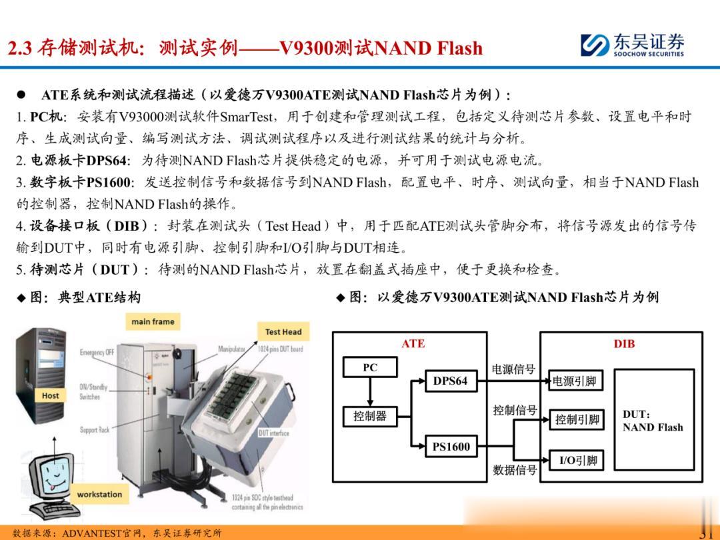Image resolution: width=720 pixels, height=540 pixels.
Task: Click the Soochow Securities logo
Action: click(x=633, y=45)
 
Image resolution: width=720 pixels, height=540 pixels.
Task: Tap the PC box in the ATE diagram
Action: click(x=370, y=367)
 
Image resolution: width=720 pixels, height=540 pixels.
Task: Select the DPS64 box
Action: click(x=450, y=381)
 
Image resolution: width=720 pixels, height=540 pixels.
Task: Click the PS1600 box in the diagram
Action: click(x=451, y=447)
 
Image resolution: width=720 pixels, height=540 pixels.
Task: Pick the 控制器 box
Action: click(x=369, y=417)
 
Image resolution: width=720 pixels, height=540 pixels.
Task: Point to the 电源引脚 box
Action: click(x=574, y=381)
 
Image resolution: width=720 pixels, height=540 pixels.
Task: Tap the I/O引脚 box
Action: click(x=577, y=460)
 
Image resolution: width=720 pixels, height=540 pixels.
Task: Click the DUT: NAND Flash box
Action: click(x=652, y=421)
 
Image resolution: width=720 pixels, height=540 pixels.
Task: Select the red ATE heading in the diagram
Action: click(x=413, y=344)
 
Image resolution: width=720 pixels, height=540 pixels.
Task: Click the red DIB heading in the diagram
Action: click(x=624, y=344)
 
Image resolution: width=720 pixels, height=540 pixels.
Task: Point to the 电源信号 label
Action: click(x=513, y=369)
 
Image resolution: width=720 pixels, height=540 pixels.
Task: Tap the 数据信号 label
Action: click(x=514, y=469)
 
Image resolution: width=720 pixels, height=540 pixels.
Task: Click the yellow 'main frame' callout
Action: click(x=153, y=321)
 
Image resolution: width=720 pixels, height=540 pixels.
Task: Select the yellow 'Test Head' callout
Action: click(x=283, y=331)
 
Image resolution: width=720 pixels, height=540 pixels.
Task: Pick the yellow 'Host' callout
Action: click(x=50, y=395)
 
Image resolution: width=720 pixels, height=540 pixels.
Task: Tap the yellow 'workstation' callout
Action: click(x=99, y=494)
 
